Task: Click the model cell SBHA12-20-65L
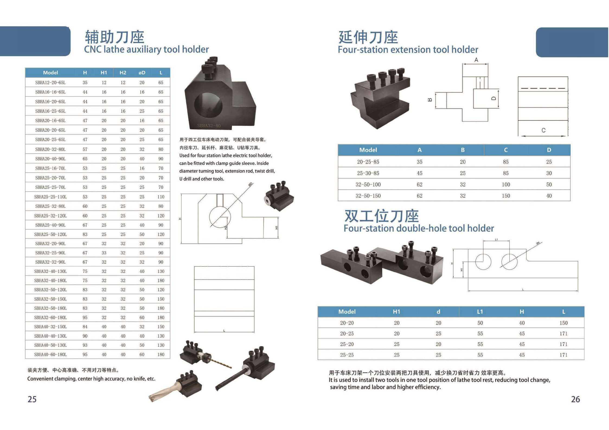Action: pos(50,83)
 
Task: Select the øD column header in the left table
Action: pos(142,73)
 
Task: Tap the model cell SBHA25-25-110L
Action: pos(50,197)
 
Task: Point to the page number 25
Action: pos(32,399)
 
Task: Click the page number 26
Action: pos(575,399)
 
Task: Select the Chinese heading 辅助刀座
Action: pos(114,37)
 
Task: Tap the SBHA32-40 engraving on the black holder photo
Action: pos(209,126)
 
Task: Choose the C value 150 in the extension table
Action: pos(506,196)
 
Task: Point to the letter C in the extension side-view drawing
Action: pos(543,130)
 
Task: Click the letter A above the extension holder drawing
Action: pos(476,60)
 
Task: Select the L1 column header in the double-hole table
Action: pos(480,312)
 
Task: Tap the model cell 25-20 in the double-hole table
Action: pos(347,344)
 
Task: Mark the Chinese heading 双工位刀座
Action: pos(382,216)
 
